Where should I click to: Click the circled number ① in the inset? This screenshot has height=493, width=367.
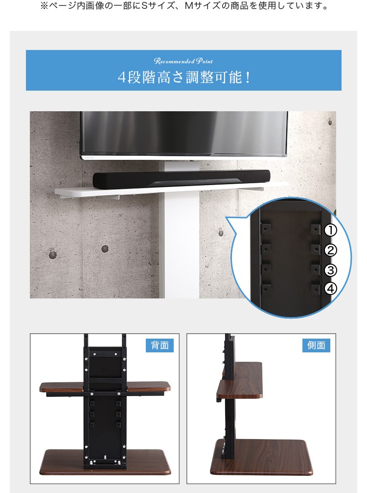(330, 230)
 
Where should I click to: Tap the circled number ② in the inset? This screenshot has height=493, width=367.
(330, 250)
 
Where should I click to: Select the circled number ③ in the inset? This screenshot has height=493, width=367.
(330, 270)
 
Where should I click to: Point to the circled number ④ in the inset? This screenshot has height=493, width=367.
(330, 289)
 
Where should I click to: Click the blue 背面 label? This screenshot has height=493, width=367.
(160, 345)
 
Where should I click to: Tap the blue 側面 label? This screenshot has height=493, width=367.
(316, 345)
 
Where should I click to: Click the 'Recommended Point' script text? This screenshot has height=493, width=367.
(183, 61)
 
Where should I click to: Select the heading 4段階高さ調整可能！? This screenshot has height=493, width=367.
(184, 77)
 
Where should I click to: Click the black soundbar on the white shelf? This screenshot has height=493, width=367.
(182, 179)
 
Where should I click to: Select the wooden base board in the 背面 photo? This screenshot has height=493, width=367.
(105, 462)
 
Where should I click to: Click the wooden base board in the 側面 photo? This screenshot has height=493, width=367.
(261, 458)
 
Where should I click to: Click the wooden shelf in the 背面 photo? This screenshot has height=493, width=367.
(105, 387)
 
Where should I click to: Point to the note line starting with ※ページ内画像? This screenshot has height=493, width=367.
(184, 6)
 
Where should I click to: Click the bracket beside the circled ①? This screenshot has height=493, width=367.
(316, 229)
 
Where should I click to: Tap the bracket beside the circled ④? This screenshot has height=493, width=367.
(316, 289)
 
